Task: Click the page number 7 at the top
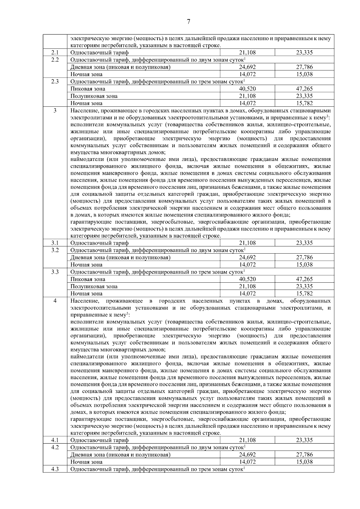(188, 22)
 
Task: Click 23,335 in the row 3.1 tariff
(304, 243)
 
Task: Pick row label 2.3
(55, 82)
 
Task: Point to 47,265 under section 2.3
(304, 89)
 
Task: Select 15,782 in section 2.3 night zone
(304, 103)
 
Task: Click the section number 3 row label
(55, 111)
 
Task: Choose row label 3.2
(55, 250)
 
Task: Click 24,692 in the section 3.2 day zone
(247, 257)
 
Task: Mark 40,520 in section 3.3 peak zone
(247, 279)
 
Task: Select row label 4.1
(55, 440)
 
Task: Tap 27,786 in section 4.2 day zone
(304, 455)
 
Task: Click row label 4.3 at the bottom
(55, 469)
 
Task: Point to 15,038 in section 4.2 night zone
(304, 462)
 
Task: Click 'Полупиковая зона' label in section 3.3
(94, 286)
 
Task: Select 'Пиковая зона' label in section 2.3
(88, 89)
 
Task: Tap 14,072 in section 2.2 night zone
(247, 74)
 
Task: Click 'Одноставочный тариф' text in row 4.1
(99, 440)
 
